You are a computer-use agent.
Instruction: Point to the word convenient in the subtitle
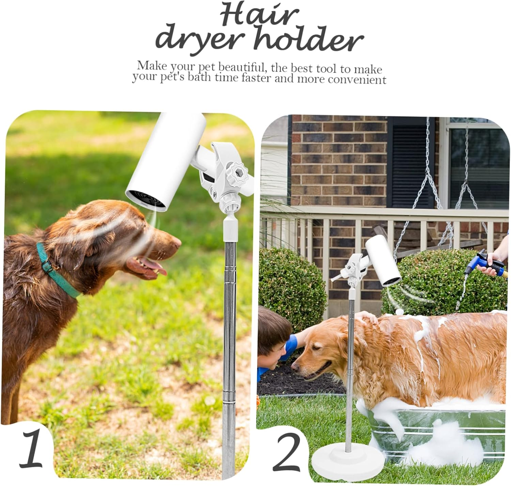coord(354,80)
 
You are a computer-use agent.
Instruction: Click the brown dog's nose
coord(177,242)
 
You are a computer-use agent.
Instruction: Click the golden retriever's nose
coord(295,367)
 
